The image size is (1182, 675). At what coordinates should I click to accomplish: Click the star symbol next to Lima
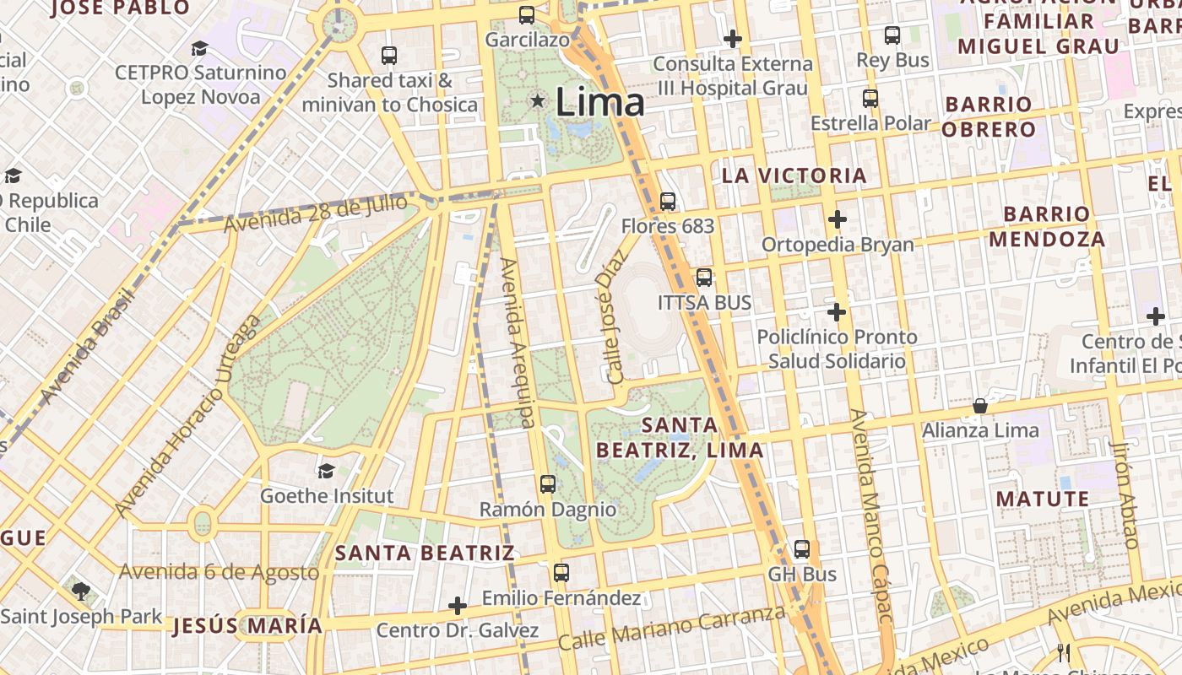[537, 101]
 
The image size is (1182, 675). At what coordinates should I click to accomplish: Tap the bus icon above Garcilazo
[527, 14]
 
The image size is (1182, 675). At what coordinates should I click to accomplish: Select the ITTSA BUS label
[704, 302]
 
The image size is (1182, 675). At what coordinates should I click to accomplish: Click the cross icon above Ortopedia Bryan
[837, 220]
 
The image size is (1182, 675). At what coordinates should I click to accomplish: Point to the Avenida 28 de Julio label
[315, 214]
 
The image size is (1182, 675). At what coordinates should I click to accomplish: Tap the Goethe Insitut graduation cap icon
[326, 471]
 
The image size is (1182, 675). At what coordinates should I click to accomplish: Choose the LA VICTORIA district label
[794, 175]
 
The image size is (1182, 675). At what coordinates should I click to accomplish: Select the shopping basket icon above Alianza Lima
[979, 407]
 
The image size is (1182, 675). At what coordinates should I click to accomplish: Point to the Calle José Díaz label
[614, 316]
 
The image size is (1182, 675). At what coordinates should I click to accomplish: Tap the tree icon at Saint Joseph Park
[80, 591]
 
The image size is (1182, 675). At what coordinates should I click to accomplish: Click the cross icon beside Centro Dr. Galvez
[457, 606]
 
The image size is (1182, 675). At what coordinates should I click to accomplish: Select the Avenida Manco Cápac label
[872, 516]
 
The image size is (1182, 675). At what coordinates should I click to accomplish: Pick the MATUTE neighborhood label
[1043, 499]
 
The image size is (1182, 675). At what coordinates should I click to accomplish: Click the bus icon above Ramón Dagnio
[547, 484]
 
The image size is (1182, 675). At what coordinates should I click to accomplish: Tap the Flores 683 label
[667, 226]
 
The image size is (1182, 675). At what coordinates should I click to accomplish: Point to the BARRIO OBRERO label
[988, 117]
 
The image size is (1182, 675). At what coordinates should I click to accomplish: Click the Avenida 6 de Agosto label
[219, 572]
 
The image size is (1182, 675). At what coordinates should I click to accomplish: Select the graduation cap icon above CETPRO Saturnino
[199, 49]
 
